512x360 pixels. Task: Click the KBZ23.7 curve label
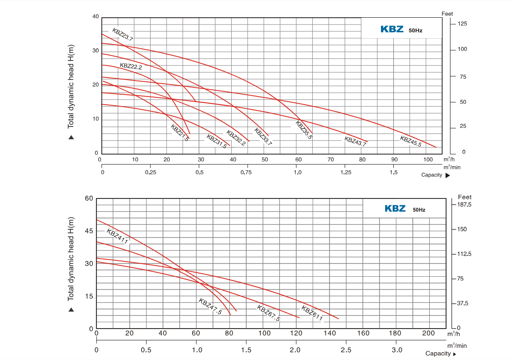122,35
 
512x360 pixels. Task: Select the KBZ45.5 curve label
411,142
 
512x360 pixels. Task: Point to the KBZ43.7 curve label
355,141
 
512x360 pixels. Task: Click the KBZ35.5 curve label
304,130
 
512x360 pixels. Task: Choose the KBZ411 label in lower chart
117,237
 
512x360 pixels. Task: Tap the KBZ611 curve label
312,314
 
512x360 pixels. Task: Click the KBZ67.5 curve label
268,313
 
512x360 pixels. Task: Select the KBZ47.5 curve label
210,306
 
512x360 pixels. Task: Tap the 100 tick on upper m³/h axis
427,160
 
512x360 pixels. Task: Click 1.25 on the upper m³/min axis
345,172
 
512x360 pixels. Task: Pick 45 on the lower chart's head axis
89,231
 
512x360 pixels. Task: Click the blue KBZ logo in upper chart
392,29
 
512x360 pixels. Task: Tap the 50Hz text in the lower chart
419,210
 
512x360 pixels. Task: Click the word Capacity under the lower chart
438,354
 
